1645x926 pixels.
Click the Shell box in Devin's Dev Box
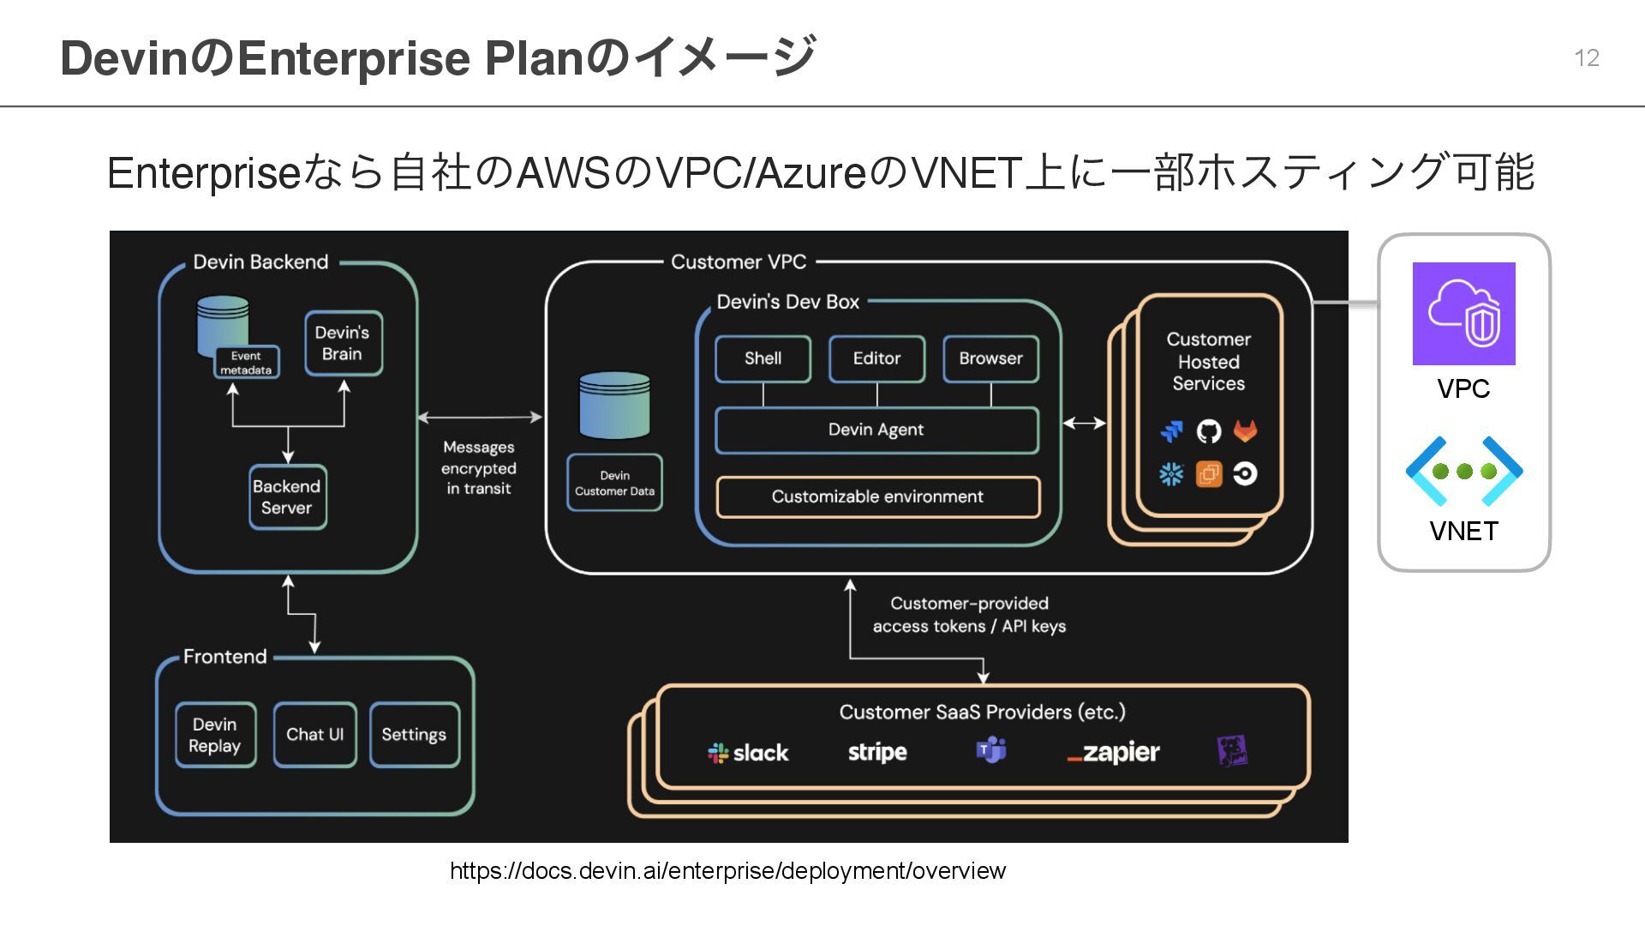pyautogui.click(x=763, y=358)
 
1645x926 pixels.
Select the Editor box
pyautogui.click(x=876, y=358)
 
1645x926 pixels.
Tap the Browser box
pyautogui.click(x=990, y=358)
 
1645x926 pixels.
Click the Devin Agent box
pyautogui.click(x=876, y=430)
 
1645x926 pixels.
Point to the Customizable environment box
pyautogui.click(x=877, y=496)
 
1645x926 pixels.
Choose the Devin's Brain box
pyautogui.click(x=343, y=343)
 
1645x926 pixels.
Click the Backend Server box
pyautogui.click(x=287, y=497)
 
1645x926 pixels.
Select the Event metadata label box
pyautogui.click(x=246, y=363)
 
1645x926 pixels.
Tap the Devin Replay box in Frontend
pyautogui.click(x=215, y=735)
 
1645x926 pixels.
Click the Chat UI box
pyautogui.click(x=314, y=735)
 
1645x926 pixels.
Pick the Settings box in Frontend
pyautogui.click(x=414, y=735)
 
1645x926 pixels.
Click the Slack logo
pyautogui.click(x=748, y=753)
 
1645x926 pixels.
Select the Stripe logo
pyautogui.click(x=877, y=752)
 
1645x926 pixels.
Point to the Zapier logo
pyautogui.click(x=1113, y=753)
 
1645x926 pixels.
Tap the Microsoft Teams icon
pyautogui.click(x=991, y=750)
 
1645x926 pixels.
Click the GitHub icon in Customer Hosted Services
pyautogui.click(x=1208, y=430)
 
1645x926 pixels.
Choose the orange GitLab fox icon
pyautogui.click(x=1245, y=430)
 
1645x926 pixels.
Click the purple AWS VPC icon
pyautogui.click(x=1463, y=314)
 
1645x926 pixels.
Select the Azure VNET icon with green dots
pyautogui.click(x=1464, y=471)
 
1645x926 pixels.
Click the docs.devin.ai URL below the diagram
pyautogui.click(x=727, y=871)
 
